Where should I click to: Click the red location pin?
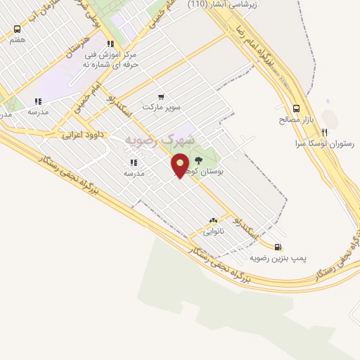[181, 166]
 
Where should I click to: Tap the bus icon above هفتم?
[17, 30]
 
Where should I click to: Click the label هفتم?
[17, 40]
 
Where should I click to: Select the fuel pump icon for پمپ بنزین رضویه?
[278, 247]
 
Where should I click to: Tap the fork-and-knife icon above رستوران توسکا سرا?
[324, 131]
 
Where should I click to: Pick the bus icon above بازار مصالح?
[296, 108]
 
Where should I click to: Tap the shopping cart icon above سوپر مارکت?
[161, 97]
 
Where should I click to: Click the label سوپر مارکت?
[161, 108]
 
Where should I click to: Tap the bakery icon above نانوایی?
[213, 220]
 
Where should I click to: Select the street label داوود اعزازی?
[83, 133]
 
